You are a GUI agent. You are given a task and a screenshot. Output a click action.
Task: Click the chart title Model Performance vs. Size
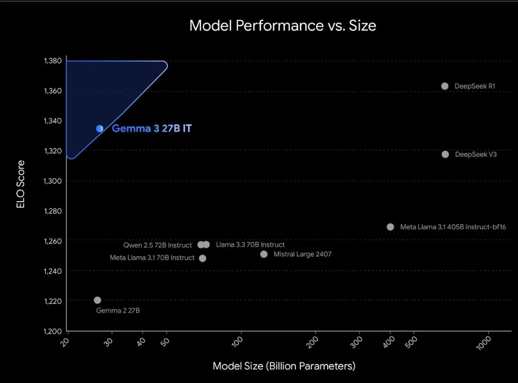tap(283, 25)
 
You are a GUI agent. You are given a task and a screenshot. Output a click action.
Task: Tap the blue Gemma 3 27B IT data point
tap(100, 129)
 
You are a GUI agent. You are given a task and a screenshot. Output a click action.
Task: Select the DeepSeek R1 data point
tap(445, 86)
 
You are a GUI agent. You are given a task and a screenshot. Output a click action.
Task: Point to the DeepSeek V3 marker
tap(445, 154)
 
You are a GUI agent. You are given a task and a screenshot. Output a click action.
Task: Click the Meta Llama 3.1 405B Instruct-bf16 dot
tap(390, 227)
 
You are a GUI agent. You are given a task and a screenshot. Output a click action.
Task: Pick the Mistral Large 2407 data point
tap(264, 254)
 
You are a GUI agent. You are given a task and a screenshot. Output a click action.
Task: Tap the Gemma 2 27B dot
tap(98, 300)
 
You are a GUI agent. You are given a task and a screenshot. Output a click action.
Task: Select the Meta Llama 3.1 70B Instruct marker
tap(203, 258)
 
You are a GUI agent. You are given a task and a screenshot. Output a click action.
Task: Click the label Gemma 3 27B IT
tap(151, 129)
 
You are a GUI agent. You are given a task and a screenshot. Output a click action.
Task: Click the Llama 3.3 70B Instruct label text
tap(250, 245)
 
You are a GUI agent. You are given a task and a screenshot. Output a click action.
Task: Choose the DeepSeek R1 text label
tap(475, 86)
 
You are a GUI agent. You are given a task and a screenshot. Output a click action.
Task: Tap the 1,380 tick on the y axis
tap(53, 61)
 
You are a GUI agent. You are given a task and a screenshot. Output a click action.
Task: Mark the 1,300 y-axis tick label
tap(53, 181)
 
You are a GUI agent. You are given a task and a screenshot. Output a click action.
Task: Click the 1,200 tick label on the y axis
tap(53, 331)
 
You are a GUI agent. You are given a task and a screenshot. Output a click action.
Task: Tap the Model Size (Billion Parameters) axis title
tap(284, 366)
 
